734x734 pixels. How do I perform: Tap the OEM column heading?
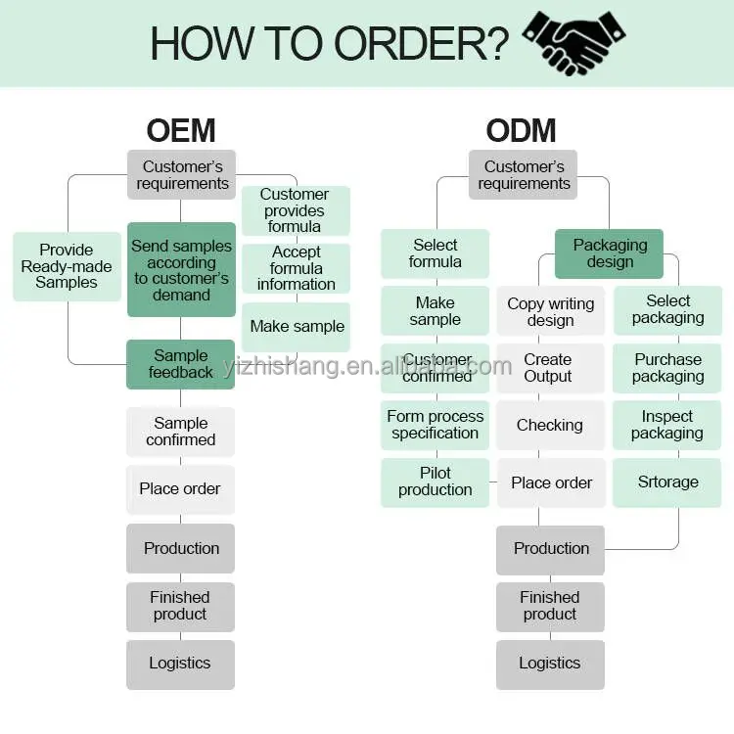pyautogui.click(x=181, y=130)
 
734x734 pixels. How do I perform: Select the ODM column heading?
pyautogui.click(x=521, y=130)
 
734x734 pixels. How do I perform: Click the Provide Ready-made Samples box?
pyautogui.click(x=67, y=266)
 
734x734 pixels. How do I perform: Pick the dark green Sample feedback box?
pyautogui.click(x=181, y=364)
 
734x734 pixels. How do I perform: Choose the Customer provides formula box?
pyautogui.click(x=295, y=210)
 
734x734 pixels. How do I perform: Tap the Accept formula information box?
pyautogui.click(x=296, y=268)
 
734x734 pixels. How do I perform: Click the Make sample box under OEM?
pyautogui.click(x=297, y=327)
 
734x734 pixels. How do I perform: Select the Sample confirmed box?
pyautogui.click(x=181, y=432)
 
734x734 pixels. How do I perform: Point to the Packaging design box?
pyautogui.click(x=609, y=253)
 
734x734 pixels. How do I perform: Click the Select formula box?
pyautogui.click(x=436, y=253)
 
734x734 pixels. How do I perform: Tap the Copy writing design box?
pyautogui.click(x=551, y=311)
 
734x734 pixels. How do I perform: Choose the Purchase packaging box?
pyautogui.click(x=667, y=368)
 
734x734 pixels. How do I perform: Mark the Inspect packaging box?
pyautogui.click(x=666, y=425)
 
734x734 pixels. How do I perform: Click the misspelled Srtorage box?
pyautogui.click(x=667, y=482)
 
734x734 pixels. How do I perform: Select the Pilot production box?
pyautogui.click(x=436, y=482)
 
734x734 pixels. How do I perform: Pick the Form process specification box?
pyautogui.click(x=436, y=425)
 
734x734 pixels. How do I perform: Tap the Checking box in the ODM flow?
pyautogui.click(x=550, y=425)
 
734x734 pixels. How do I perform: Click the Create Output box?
pyautogui.click(x=548, y=368)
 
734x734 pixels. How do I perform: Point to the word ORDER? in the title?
pyautogui.click(x=422, y=43)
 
